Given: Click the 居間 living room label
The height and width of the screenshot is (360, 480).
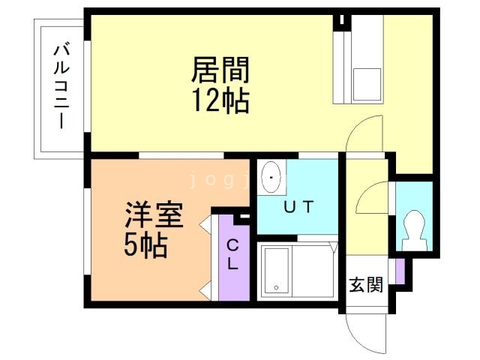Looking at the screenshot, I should [220, 70].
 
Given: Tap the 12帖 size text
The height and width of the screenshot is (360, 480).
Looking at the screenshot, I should [220, 100].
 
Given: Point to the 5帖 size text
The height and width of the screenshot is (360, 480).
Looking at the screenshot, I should [145, 245].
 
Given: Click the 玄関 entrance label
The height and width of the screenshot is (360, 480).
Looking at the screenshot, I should [367, 284].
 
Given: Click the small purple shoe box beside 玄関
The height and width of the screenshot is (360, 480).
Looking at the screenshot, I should [400, 271].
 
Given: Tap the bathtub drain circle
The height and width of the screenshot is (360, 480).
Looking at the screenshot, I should [277, 286].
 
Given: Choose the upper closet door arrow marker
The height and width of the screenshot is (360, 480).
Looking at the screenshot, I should [204, 223].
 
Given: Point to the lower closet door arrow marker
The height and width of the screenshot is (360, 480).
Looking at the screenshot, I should [204, 287].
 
